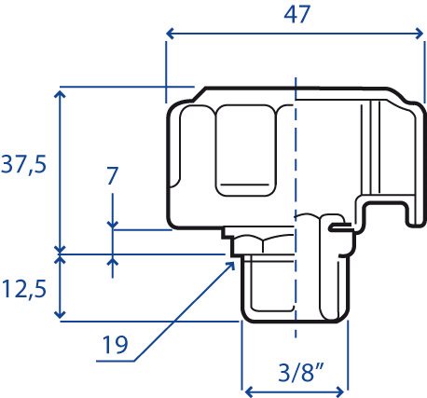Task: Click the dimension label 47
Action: (x=296, y=14)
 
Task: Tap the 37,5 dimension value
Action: (x=23, y=164)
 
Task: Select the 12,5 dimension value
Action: (x=24, y=289)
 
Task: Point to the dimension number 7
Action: (x=112, y=176)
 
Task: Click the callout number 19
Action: (x=115, y=344)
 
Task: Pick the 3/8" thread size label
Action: (x=300, y=373)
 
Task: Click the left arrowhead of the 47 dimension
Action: (x=170, y=34)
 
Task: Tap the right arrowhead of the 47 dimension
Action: (x=420, y=34)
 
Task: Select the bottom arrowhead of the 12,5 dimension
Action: (x=60, y=314)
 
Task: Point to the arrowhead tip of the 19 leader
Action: (x=234, y=263)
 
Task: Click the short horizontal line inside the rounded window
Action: (x=246, y=185)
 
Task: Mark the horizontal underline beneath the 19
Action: (x=116, y=361)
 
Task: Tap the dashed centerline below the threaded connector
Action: (x=296, y=330)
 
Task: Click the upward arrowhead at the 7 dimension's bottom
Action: (x=113, y=262)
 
